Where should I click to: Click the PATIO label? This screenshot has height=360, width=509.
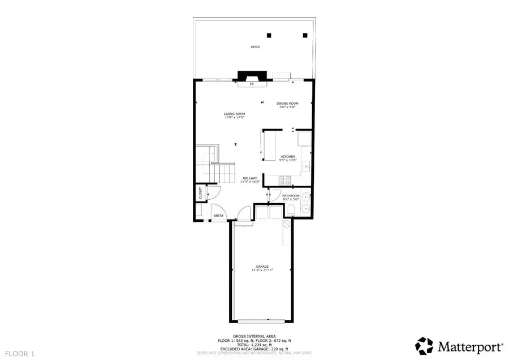click(x=256, y=47)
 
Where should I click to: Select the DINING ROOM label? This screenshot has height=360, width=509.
click(x=287, y=104)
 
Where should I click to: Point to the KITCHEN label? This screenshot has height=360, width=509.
click(x=288, y=156)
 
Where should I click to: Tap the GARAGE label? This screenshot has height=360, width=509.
click(x=261, y=266)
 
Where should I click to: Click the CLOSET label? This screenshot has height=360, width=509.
click(x=201, y=193)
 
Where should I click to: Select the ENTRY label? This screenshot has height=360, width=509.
click(x=218, y=215)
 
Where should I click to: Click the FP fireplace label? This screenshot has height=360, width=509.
click(x=252, y=85)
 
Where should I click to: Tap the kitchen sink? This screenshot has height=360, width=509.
click(x=305, y=167)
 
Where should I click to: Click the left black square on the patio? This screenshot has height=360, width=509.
click(x=270, y=35)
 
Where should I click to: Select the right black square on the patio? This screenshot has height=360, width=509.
click(x=305, y=35)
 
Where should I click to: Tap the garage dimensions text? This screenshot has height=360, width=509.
click(x=261, y=271)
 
